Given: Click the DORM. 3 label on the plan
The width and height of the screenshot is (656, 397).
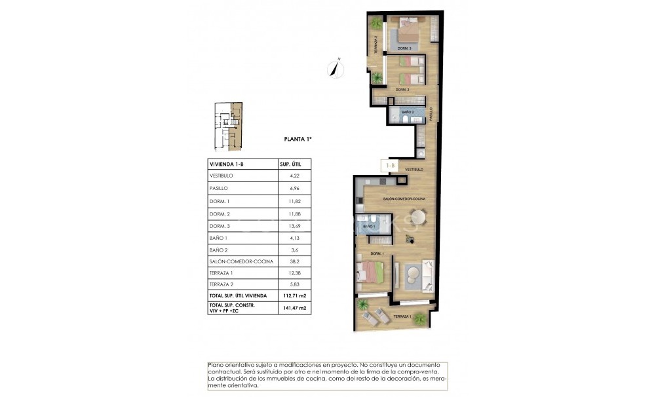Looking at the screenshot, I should (404, 49).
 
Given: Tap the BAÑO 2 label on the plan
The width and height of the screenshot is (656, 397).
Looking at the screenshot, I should (408, 113).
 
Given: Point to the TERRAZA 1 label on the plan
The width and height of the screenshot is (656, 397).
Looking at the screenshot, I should (402, 316).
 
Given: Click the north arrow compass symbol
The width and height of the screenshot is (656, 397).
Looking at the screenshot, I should (336, 67).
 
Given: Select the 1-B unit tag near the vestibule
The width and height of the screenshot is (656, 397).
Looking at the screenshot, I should (391, 166).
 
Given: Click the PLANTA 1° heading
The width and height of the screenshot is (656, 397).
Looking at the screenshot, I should (298, 139).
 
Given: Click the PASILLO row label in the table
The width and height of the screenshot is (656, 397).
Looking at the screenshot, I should (218, 188).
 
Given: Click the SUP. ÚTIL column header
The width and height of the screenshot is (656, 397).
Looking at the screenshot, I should (290, 164).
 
